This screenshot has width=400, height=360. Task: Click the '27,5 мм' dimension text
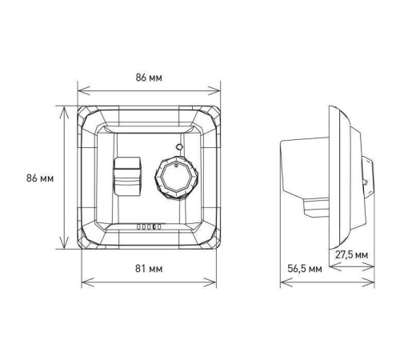pos(353,254)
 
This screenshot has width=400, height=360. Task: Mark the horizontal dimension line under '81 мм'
pos(150,280)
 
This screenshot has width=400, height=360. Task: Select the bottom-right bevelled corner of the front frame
pos(212,241)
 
